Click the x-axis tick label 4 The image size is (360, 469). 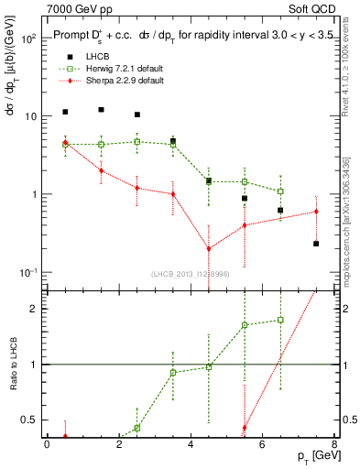(x=191, y=444)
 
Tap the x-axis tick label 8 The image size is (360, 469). (x=334, y=444)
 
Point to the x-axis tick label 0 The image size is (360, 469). (x=47, y=444)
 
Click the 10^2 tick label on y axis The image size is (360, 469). (x=28, y=39)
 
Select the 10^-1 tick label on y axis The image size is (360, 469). (x=28, y=272)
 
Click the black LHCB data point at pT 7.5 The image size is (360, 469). (x=316, y=244)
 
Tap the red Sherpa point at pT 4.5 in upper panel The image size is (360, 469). (x=209, y=248)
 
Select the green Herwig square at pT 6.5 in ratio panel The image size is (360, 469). (x=280, y=320)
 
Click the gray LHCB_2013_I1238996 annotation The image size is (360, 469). (x=190, y=274)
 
